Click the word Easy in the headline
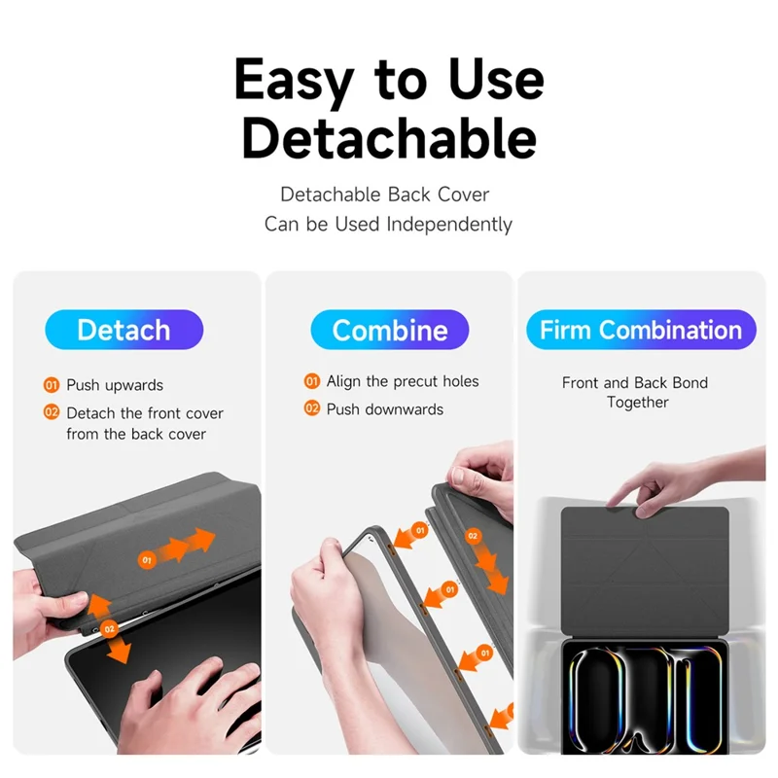tap(294, 81)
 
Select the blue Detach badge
tap(124, 330)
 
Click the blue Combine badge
tap(390, 330)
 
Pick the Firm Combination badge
tap(641, 330)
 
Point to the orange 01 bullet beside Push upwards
tap(52, 385)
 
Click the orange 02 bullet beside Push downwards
tap(311, 408)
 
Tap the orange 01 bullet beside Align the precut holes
tap(311, 381)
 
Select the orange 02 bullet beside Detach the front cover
tap(52, 412)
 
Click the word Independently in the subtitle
tap(449, 225)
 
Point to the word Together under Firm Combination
tap(638, 402)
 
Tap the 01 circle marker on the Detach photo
tap(147, 560)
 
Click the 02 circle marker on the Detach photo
tap(109, 629)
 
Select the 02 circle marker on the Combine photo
tap(473, 536)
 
